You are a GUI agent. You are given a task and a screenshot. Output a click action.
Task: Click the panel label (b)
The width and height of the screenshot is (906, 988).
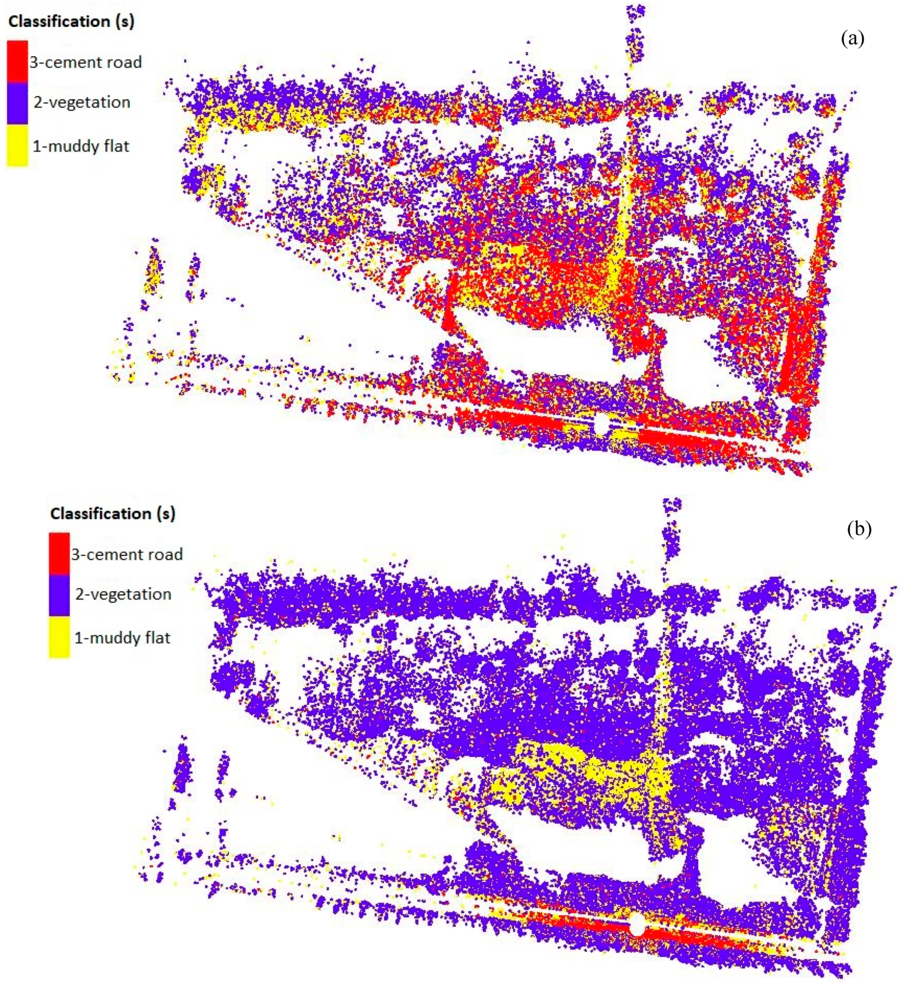[x=859, y=529]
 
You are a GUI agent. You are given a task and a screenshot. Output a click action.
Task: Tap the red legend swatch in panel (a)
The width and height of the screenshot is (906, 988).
[x=17, y=61]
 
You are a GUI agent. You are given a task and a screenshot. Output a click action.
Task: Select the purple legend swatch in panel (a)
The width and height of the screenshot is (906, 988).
[x=17, y=102]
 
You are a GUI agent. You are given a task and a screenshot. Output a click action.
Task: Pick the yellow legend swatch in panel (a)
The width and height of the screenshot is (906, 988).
[x=17, y=145]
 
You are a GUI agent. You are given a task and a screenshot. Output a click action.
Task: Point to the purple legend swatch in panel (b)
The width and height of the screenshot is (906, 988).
[x=59, y=594]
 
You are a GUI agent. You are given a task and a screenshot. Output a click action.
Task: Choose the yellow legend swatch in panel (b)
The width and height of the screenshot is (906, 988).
[x=59, y=637]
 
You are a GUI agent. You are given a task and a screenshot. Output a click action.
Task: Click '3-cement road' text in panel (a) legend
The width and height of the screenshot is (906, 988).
[x=85, y=62]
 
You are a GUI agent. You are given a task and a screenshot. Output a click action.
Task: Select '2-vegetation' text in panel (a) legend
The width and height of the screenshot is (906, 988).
[x=82, y=102]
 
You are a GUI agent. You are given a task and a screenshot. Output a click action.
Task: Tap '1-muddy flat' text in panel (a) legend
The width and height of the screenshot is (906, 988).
[x=81, y=146]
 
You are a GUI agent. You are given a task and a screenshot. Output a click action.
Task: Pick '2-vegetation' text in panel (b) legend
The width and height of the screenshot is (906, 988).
[x=123, y=594]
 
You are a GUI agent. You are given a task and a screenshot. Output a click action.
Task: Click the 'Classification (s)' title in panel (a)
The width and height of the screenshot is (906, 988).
[x=71, y=22]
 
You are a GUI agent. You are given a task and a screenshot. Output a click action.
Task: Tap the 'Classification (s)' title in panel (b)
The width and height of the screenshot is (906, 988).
[x=112, y=513]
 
